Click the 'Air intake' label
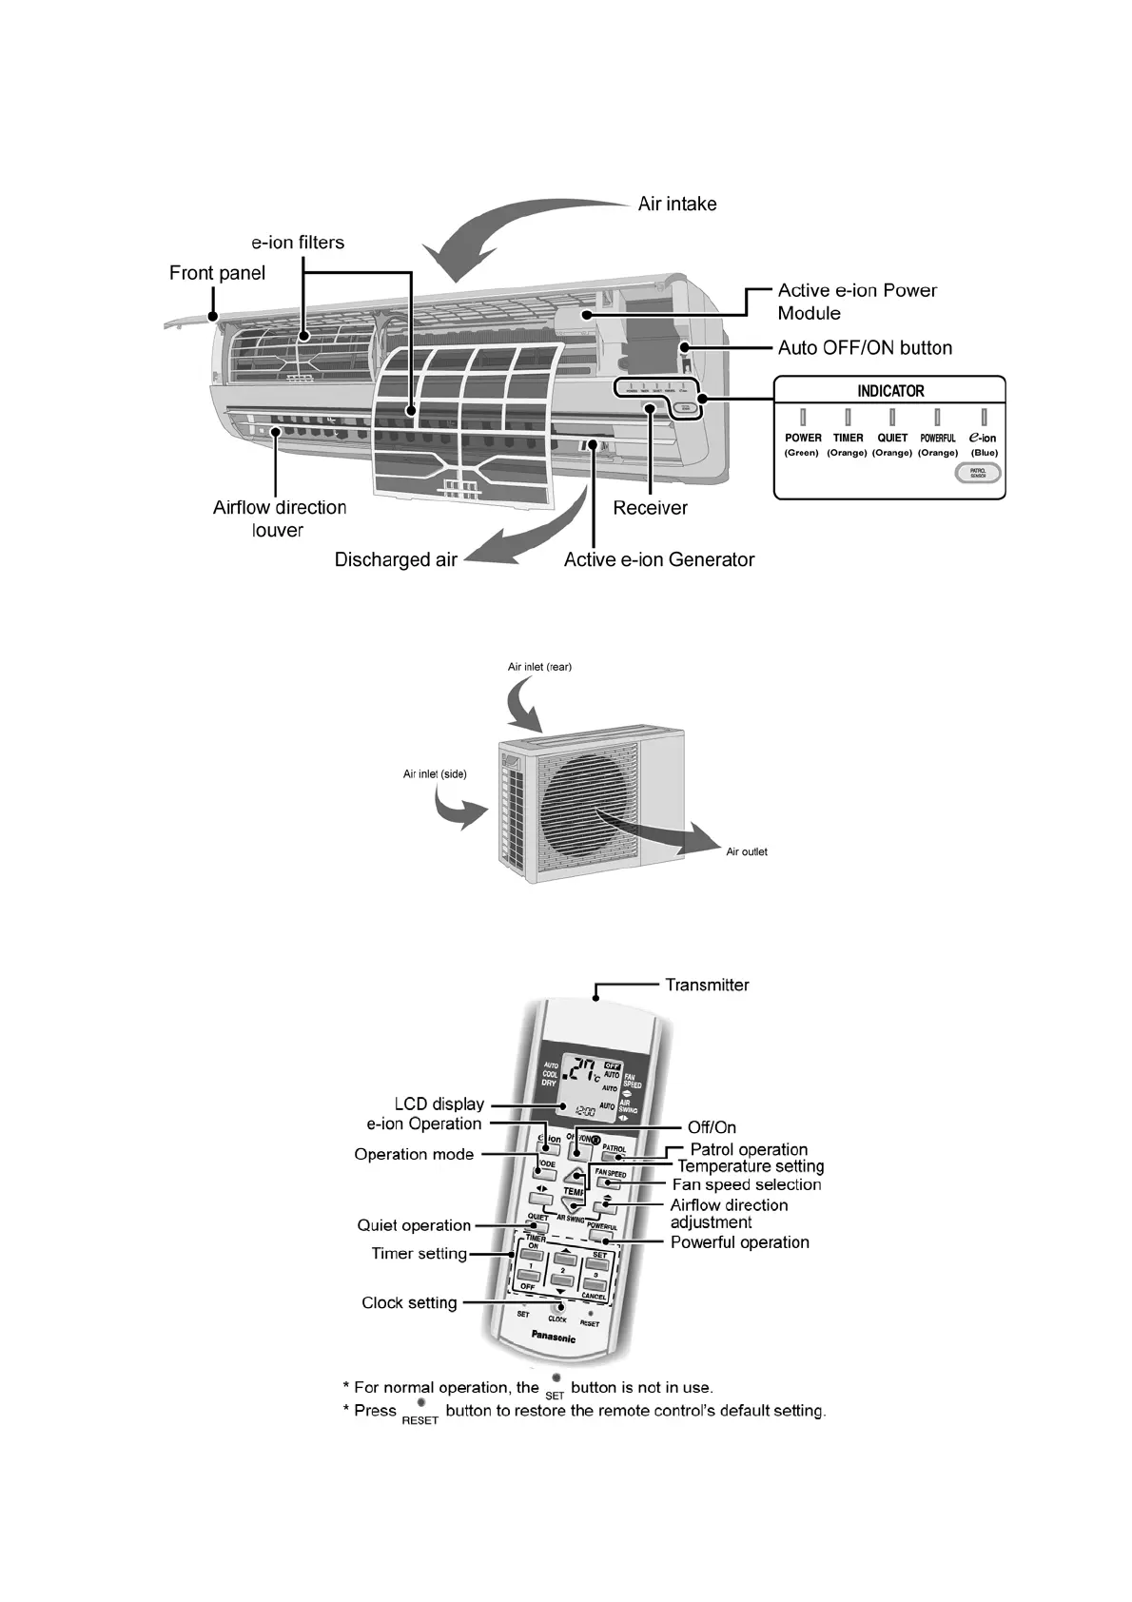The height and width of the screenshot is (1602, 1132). click(676, 205)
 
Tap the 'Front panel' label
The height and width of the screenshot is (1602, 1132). click(217, 274)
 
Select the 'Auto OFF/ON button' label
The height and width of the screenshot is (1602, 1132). click(864, 348)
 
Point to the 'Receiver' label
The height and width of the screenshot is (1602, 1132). click(650, 508)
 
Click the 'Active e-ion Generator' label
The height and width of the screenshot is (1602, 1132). click(658, 560)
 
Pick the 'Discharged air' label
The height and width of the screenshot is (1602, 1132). click(396, 560)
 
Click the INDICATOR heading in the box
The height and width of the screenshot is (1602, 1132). click(889, 391)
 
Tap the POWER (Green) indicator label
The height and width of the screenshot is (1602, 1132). click(802, 444)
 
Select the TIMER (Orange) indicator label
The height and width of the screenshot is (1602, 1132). click(847, 444)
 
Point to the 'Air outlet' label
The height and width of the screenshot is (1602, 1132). click(746, 851)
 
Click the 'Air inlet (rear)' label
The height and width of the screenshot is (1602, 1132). click(539, 667)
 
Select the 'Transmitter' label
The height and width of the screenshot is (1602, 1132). click(707, 986)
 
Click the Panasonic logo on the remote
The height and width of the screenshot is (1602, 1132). click(552, 1337)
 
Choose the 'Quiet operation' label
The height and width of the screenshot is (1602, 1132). click(414, 1226)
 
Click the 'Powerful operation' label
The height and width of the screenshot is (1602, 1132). click(739, 1242)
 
